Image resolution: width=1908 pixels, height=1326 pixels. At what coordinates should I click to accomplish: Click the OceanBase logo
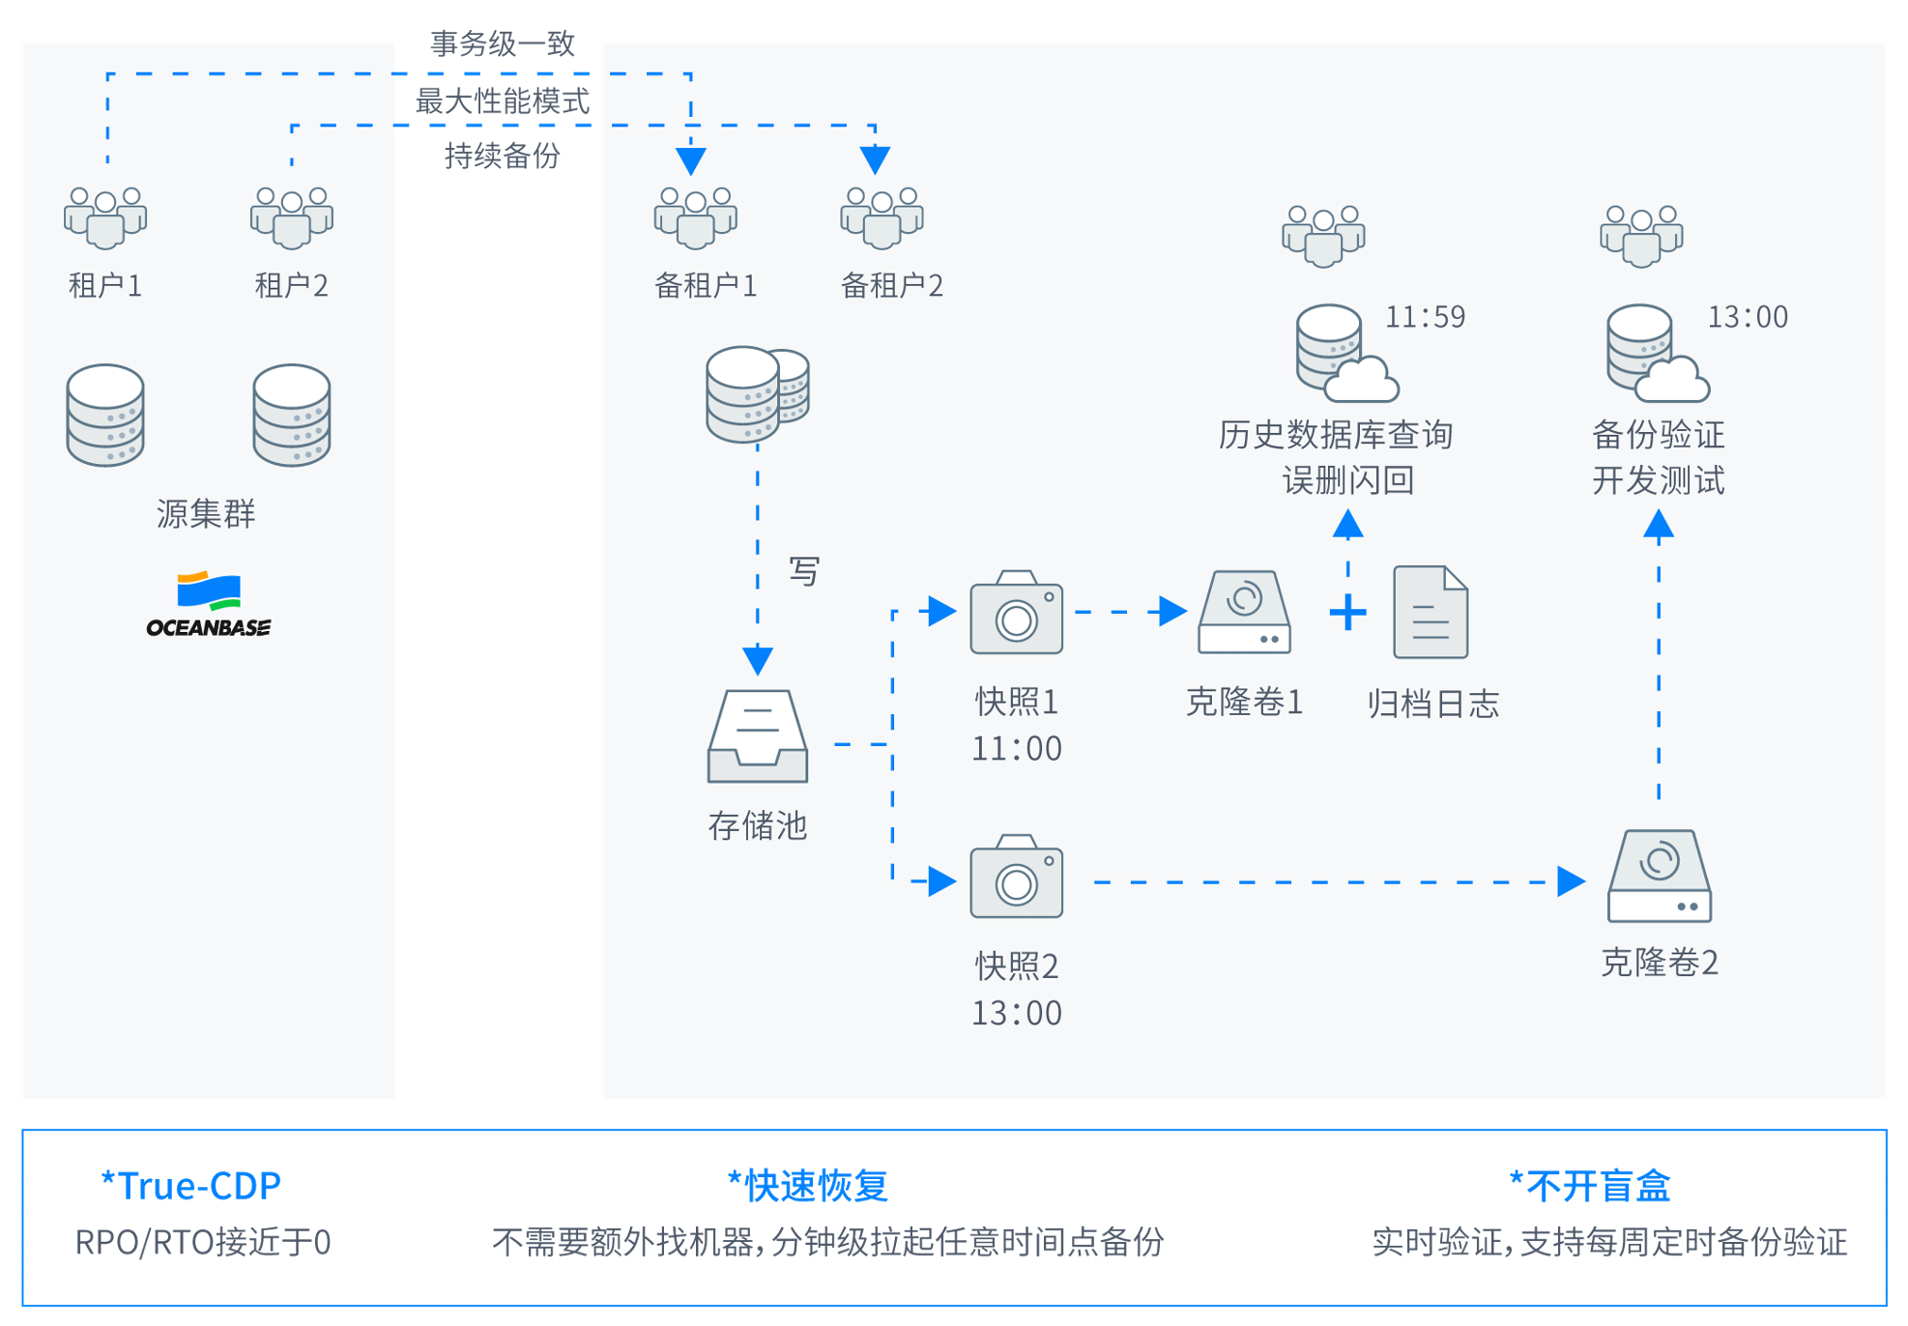[x=209, y=604]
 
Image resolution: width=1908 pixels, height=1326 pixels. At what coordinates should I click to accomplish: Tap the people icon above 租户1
[x=105, y=217]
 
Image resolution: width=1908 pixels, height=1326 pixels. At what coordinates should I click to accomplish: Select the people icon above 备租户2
[x=882, y=217]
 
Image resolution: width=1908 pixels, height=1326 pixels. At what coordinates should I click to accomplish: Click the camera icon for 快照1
[x=1016, y=612]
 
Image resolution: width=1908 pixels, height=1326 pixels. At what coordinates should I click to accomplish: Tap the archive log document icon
[x=1431, y=612]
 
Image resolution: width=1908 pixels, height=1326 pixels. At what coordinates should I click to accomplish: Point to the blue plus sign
[x=1347, y=613]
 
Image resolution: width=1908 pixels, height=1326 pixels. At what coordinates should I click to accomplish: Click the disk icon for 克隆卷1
[x=1244, y=612]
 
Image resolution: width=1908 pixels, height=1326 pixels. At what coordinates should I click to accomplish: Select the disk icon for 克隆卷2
[x=1659, y=876]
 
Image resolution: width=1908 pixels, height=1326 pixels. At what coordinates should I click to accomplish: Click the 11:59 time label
[x=1425, y=317]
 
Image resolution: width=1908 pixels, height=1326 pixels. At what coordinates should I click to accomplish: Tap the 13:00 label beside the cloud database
[x=1748, y=317]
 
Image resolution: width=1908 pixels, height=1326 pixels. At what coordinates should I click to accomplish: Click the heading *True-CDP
[x=190, y=1185]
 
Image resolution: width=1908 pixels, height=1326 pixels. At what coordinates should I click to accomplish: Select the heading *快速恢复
[x=807, y=1185]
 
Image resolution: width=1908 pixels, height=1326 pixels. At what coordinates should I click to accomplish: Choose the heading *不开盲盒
[x=1590, y=1185]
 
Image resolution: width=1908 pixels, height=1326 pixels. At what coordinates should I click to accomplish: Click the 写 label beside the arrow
[x=804, y=571]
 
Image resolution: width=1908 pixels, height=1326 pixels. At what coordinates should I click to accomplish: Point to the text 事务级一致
[x=503, y=43]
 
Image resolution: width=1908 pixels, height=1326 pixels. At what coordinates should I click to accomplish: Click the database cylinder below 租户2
[x=292, y=416]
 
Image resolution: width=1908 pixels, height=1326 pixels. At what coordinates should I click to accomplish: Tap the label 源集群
[x=206, y=514]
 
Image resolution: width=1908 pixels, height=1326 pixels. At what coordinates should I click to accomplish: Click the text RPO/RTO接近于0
[x=203, y=1242]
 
